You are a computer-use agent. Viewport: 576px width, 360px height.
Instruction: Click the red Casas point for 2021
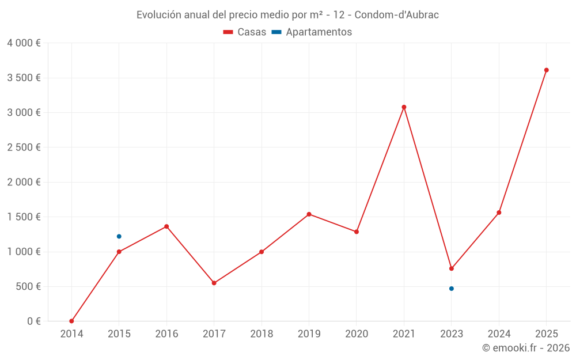404,107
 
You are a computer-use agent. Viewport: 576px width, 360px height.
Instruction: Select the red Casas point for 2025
547,70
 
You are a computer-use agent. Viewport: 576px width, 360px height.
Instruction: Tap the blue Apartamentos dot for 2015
119,236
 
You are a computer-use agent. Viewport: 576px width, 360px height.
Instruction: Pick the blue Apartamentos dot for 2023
452,289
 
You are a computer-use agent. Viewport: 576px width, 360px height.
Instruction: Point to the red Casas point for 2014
71,321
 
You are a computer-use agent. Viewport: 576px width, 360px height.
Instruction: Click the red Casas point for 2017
214,283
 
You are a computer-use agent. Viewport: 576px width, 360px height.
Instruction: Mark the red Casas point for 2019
309,214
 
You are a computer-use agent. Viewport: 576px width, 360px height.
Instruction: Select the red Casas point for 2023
452,268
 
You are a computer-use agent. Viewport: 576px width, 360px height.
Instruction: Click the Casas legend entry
245,32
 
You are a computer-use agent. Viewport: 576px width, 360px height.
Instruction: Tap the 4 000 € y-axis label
24,43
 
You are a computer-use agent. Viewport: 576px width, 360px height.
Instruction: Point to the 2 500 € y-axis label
24,147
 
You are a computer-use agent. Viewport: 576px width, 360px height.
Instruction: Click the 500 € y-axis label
27,286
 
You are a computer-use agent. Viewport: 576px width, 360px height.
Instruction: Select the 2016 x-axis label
166,334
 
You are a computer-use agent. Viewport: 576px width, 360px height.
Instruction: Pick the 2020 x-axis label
357,334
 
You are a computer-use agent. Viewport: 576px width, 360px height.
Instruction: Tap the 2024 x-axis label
499,334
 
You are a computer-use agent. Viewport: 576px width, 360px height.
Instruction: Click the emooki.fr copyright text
526,348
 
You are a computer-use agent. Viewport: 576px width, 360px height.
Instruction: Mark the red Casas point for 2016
166,226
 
